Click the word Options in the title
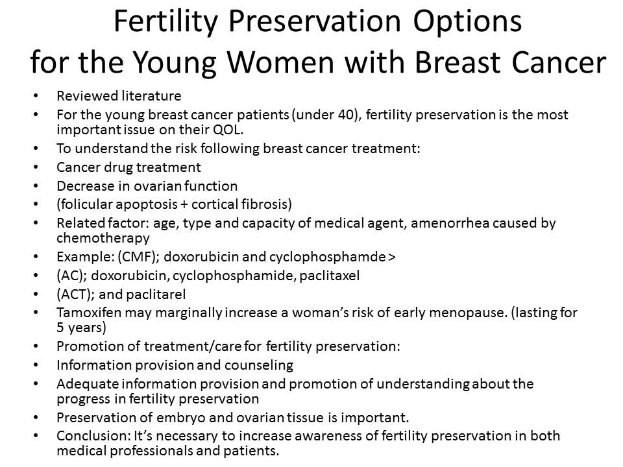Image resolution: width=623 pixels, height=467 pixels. pos(467,22)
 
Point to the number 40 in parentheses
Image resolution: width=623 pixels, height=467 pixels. pos(347,114)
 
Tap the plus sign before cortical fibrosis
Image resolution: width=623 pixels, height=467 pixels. pos(184,205)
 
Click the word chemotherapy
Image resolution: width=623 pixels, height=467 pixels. pos(103,238)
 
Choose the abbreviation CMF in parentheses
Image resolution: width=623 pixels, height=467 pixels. pos(136,257)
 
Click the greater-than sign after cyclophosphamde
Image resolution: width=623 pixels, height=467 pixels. pos(391,257)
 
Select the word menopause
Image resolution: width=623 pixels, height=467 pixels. pos(468,313)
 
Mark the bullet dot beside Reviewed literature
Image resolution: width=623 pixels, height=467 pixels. pos(36,96)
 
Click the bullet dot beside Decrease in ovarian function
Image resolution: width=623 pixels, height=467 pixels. pos(36,186)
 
